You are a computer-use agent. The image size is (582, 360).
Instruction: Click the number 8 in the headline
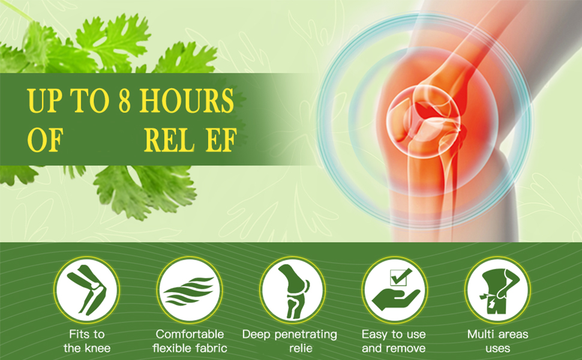tap(125, 101)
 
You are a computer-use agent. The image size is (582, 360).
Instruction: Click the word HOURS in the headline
tap(187, 101)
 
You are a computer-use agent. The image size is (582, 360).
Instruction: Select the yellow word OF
tap(45, 140)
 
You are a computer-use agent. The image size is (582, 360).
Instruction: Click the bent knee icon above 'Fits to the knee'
tap(86, 290)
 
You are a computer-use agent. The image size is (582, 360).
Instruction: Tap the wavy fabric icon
tap(189, 290)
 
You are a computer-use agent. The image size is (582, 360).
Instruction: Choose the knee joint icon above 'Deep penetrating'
tap(292, 290)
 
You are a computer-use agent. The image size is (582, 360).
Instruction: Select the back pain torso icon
tap(497, 290)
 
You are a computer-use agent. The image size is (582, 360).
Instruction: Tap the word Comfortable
tap(190, 334)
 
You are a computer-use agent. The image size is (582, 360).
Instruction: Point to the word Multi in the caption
tap(479, 334)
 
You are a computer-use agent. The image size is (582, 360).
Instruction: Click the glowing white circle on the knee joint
tap(424, 121)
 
